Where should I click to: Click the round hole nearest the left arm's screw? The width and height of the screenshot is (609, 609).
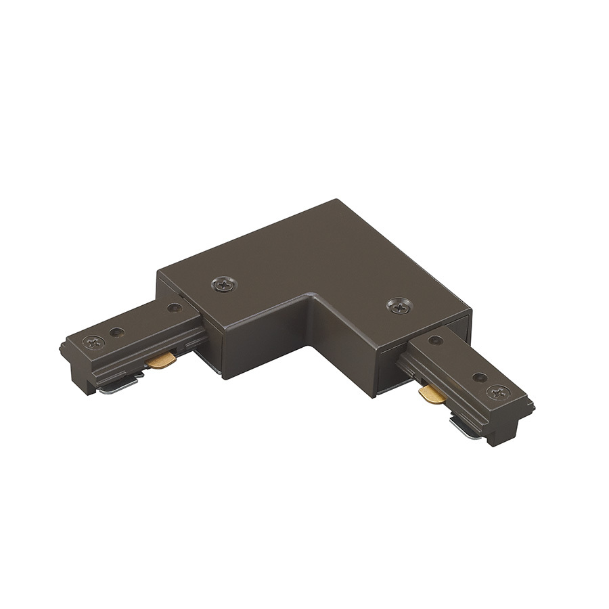click(118, 332)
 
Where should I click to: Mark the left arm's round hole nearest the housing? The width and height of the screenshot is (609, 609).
click(175, 308)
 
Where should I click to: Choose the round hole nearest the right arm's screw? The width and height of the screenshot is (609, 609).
click(479, 378)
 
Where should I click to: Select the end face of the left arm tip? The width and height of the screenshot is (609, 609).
click(73, 369)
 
